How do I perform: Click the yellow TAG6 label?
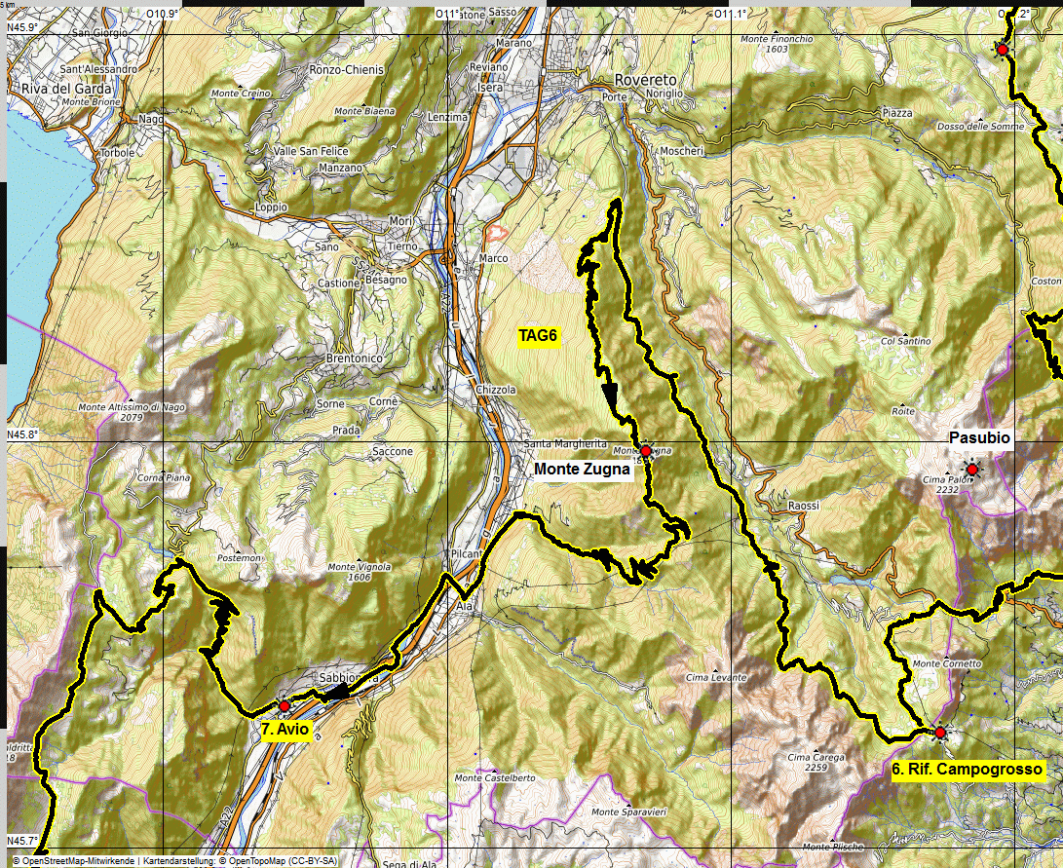click(x=537, y=336)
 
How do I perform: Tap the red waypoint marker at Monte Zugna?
click(x=645, y=451)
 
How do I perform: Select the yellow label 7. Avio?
click(x=285, y=730)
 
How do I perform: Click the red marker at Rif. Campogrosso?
click(x=940, y=732)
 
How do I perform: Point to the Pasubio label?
click(x=979, y=438)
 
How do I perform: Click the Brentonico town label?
click(x=356, y=359)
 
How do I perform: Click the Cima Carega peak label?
click(x=808, y=757)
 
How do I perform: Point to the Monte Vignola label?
click(x=359, y=567)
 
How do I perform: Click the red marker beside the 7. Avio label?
click(x=284, y=705)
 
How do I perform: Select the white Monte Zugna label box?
click(x=583, y=470)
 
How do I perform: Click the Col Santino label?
click(x=905, y=341)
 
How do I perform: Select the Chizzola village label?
click(x=496, y=390)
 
